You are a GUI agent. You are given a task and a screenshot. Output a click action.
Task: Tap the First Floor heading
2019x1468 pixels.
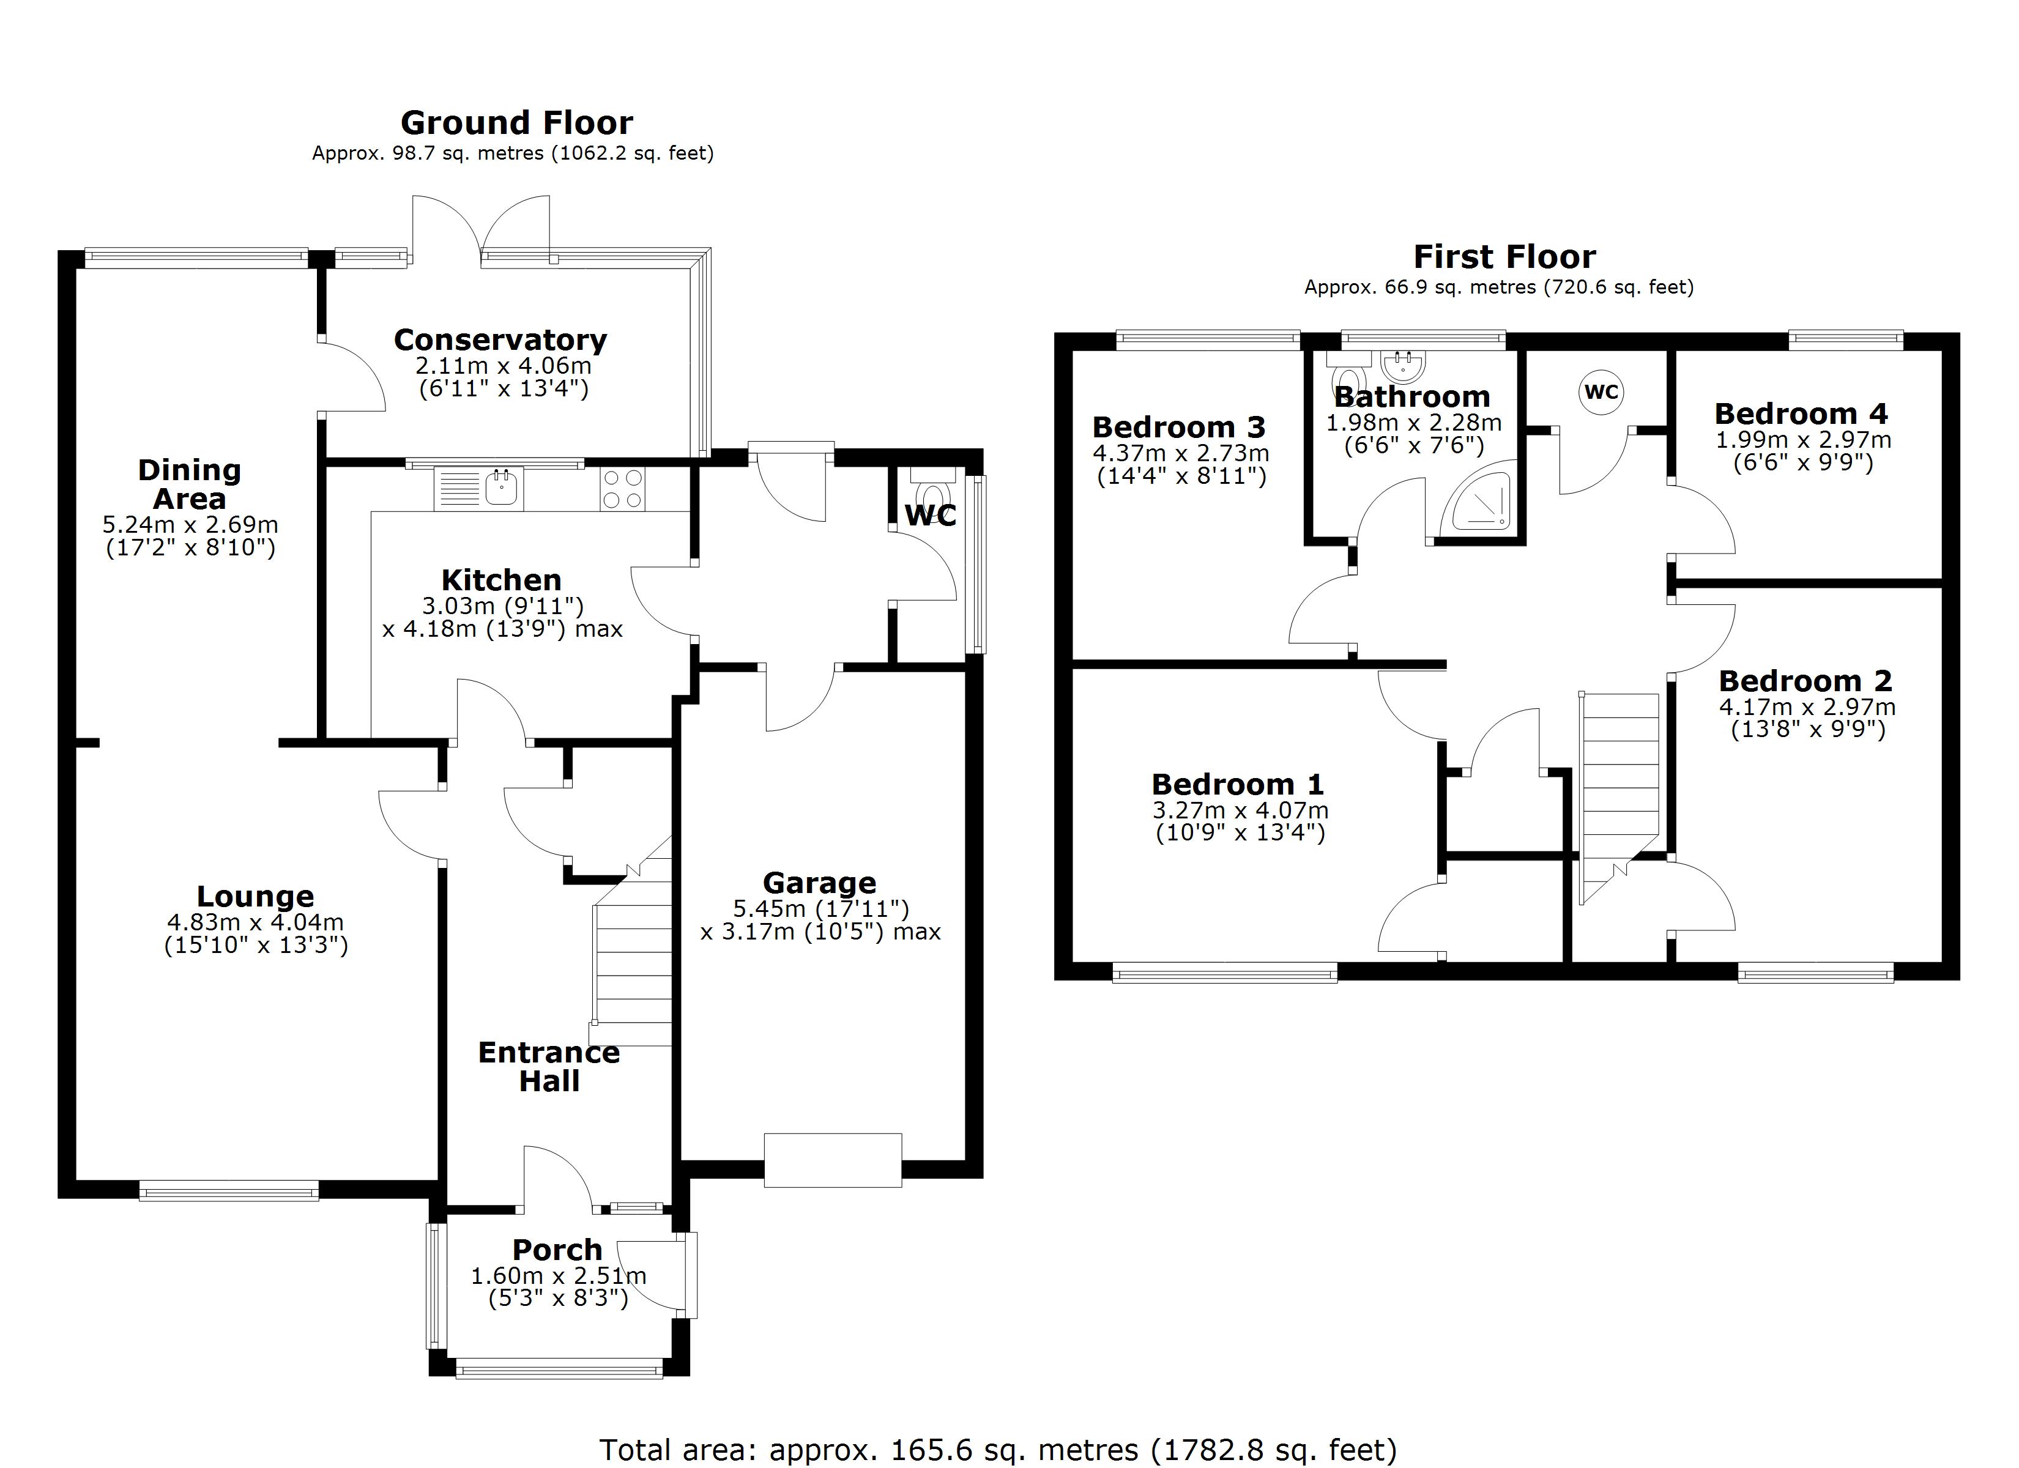[1504, 258]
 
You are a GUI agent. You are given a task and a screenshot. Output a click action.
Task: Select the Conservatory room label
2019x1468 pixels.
[500, 340]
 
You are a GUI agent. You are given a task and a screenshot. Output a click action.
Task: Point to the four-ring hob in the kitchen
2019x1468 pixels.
[622, 489]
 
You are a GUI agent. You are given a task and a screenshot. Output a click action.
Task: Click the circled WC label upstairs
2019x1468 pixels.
[1602, 391]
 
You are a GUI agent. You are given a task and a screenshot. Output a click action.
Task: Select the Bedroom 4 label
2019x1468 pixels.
[1801, 414]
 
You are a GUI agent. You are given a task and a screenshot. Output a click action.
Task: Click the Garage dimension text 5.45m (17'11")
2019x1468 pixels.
[820, 909]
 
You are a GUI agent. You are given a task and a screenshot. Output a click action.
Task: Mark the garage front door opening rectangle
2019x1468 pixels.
[832, 1160]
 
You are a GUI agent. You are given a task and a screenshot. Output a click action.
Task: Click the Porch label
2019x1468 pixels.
[557, 1250]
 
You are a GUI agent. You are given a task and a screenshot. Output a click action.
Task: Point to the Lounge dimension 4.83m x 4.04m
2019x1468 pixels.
[256, 923]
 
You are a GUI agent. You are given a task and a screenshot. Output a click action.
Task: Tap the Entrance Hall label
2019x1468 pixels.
[549, 1067]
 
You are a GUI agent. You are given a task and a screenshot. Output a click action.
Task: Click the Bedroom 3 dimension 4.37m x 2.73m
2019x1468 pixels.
[1180, 453]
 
